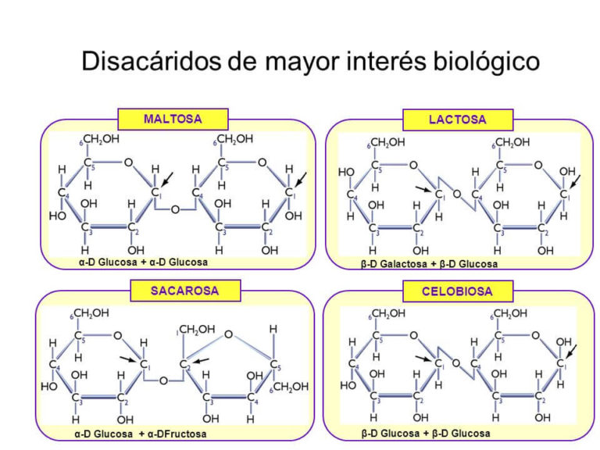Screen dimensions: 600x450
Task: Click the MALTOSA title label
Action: [173, 120]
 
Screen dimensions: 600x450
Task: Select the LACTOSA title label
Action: [457, 120]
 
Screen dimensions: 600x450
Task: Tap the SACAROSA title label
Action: [185, 291]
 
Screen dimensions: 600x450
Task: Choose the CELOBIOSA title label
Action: [458, 291]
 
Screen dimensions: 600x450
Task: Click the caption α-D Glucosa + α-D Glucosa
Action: [143, 262]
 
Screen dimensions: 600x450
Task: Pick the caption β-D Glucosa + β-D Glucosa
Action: [426, 434]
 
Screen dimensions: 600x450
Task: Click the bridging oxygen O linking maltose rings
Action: [176, 209]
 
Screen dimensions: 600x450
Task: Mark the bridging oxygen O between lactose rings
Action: [456, 194]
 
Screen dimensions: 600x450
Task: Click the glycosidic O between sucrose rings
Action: [163, 380]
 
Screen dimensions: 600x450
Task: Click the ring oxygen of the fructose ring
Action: [228, 334]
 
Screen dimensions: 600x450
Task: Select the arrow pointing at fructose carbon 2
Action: [201, 359]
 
